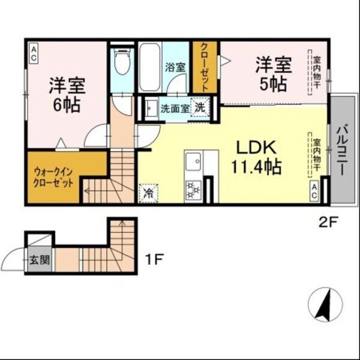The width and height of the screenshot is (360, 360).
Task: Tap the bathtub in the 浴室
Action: click(x=150, y=67)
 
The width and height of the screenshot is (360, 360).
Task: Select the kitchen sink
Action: click(x=193, y=163)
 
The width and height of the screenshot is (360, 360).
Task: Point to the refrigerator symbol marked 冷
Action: click(x=148, y=193)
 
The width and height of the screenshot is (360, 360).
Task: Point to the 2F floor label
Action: click(x=328, y=221)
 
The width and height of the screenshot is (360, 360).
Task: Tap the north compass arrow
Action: click(x=324, y=304)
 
